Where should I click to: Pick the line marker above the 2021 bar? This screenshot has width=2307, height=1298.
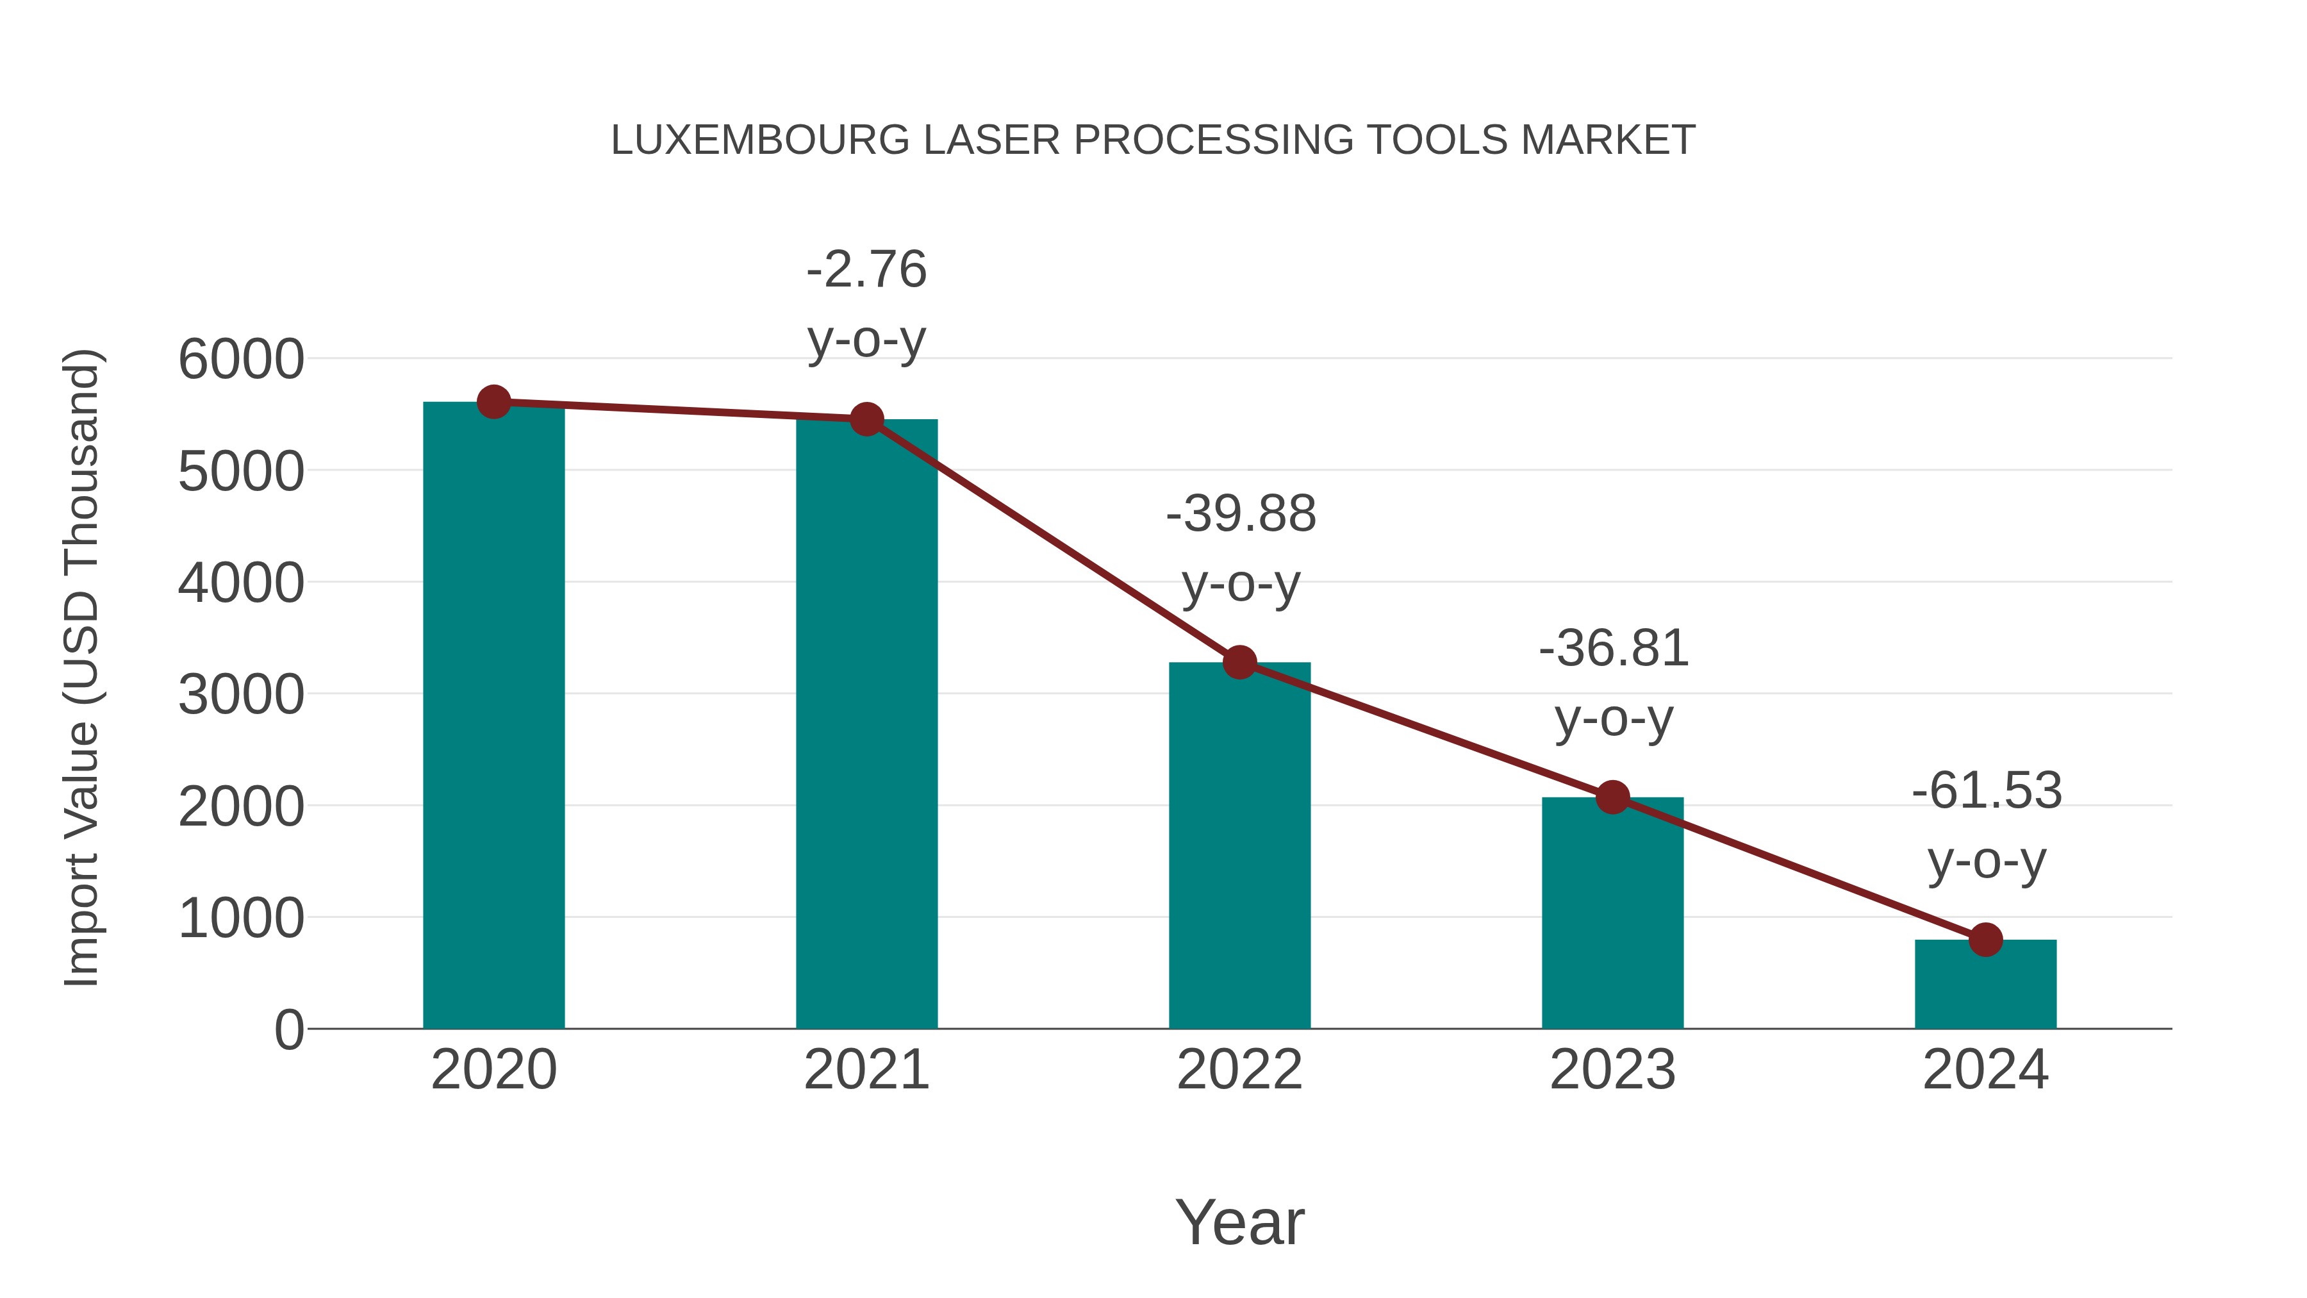[866, 419]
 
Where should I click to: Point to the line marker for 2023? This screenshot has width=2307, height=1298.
[1612, 796]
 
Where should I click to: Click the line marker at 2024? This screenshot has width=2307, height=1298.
[1985, 940]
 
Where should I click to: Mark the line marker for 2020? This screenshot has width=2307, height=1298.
[493, 402]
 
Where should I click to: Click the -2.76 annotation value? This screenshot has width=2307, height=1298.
[866, 270]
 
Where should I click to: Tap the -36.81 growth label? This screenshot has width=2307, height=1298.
[1613, 649]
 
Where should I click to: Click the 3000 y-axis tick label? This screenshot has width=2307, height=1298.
[241, 695]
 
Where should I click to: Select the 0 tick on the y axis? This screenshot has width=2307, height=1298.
[289, 1030]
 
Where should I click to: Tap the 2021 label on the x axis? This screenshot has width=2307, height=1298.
[866, 1070]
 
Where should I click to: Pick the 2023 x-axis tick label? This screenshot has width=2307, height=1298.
[1612, 1070]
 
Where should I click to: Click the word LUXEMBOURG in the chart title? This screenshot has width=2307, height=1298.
[760, 140]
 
